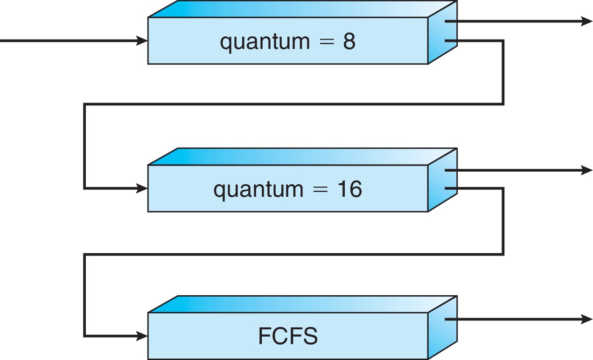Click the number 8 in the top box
pos(349,42)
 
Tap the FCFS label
pos(287,337)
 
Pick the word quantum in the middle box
pos(258,190)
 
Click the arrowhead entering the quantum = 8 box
pos(142,41)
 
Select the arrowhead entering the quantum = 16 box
pos(142,188)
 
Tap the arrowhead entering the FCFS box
pos(142,336)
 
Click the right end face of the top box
pos(442,33)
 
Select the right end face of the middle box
pos(442,181)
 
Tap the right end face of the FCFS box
pos(442,328)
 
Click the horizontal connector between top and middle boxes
pos(294,104)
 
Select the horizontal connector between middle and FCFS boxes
pos(294,254)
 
